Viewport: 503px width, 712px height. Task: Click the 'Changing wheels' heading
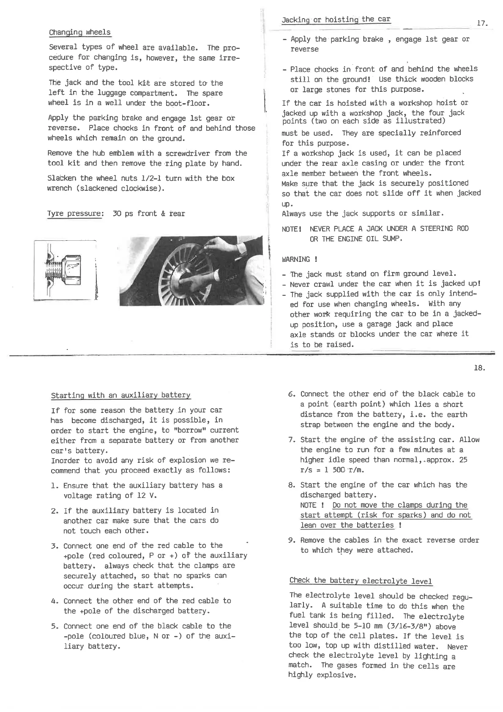click(x=80, y=33)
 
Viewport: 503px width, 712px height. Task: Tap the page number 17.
click(x=482, y=24)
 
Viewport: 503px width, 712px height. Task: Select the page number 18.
click(x=479, y=368)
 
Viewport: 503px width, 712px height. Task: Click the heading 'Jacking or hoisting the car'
click(x=336, y=19)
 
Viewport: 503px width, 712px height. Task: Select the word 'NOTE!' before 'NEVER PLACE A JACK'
click(x=291, y=229)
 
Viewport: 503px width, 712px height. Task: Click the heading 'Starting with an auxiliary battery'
click(x=120, y=396)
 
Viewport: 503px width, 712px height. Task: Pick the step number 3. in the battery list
click(x=54, y=546)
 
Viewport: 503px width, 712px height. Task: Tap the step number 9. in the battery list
click(x=291, y=540)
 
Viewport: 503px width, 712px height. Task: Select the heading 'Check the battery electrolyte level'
click(x=361, y=580)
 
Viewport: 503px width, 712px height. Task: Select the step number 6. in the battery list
click(x=291, y=394)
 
